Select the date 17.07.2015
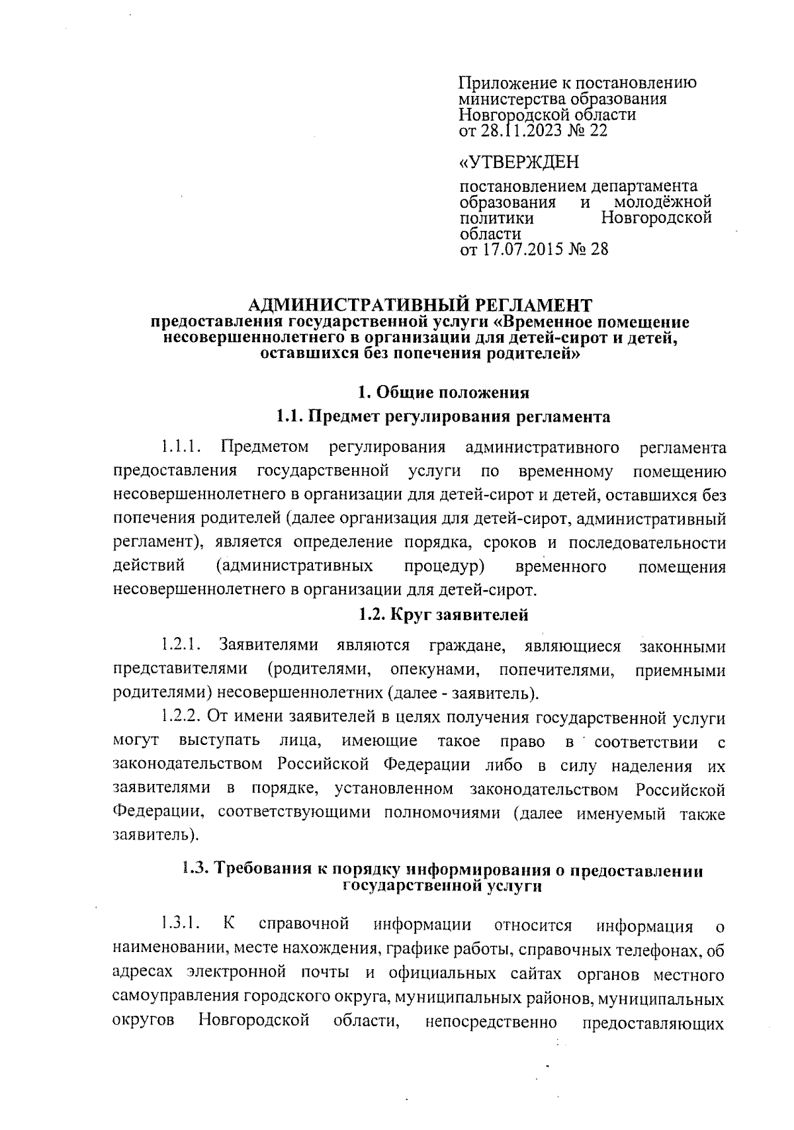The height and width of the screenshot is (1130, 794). click(x=519, y=249)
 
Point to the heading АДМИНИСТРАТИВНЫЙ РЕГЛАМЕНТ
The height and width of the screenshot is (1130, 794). click(x=420, y=305)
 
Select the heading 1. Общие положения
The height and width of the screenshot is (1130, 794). click(x=443, y=392)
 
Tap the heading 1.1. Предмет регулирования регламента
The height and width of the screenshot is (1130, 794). click(x=443, y=417)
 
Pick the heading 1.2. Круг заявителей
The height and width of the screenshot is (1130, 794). click(x=443, y=615)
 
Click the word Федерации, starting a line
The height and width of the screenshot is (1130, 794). click(x=159, y=812)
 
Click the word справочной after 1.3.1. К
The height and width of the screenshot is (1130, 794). click(x=304, y=924)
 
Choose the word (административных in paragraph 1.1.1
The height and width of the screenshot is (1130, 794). click(x=294, y=567)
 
